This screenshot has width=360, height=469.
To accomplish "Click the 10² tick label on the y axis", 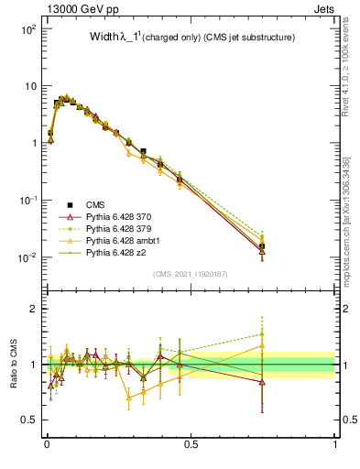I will [27, 29].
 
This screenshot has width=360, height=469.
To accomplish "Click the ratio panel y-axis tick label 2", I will [32, 309].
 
